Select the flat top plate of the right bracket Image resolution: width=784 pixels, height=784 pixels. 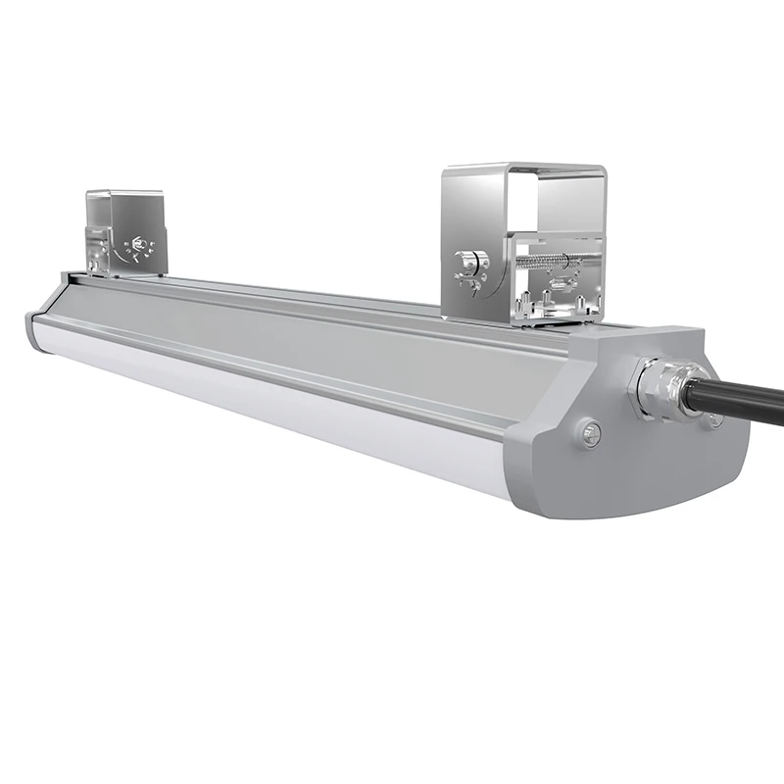[x=524, y=171]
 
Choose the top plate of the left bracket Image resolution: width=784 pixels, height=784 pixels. [x=124, y=193]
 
